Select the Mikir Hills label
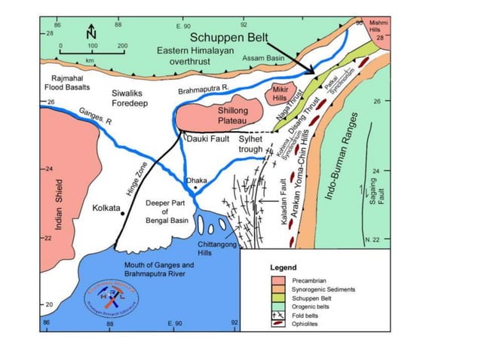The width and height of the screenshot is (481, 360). pos(280,94)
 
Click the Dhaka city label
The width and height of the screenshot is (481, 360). pos(196,181)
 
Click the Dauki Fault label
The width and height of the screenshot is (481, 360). pos(206,139)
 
